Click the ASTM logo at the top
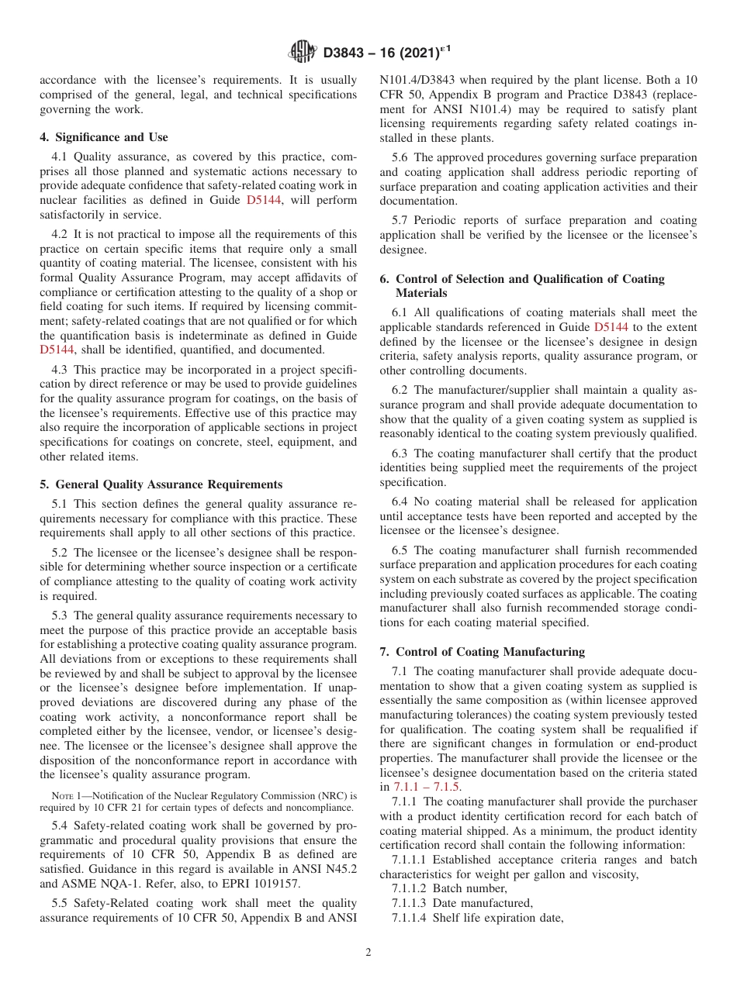point(302,53)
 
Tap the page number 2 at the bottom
point(368,952)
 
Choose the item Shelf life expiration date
point(498,918)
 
